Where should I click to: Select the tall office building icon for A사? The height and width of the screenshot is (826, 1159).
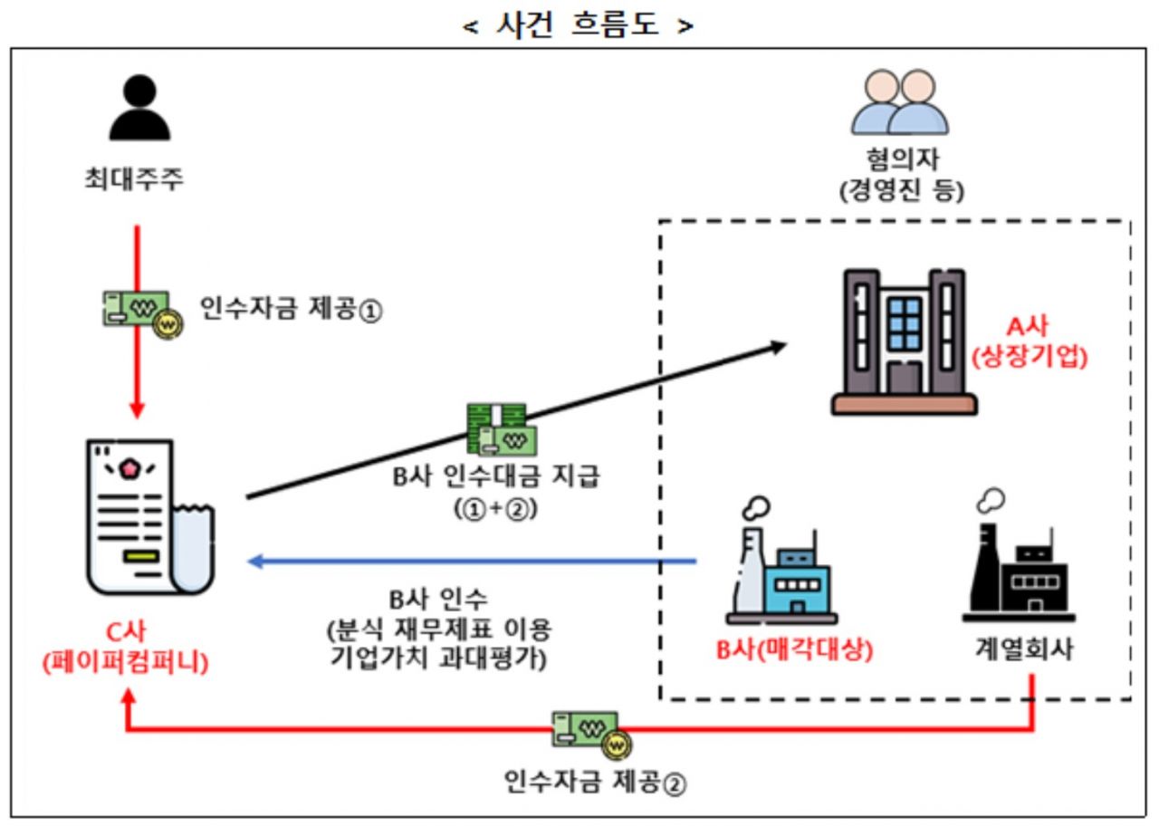(x=904, y=342)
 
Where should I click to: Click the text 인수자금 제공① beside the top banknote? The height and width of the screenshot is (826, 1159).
(x=291, y=312)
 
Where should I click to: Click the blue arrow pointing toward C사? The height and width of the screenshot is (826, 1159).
(x=471, y=562)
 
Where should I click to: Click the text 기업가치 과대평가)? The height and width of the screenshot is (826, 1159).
(x=439, y=658)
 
